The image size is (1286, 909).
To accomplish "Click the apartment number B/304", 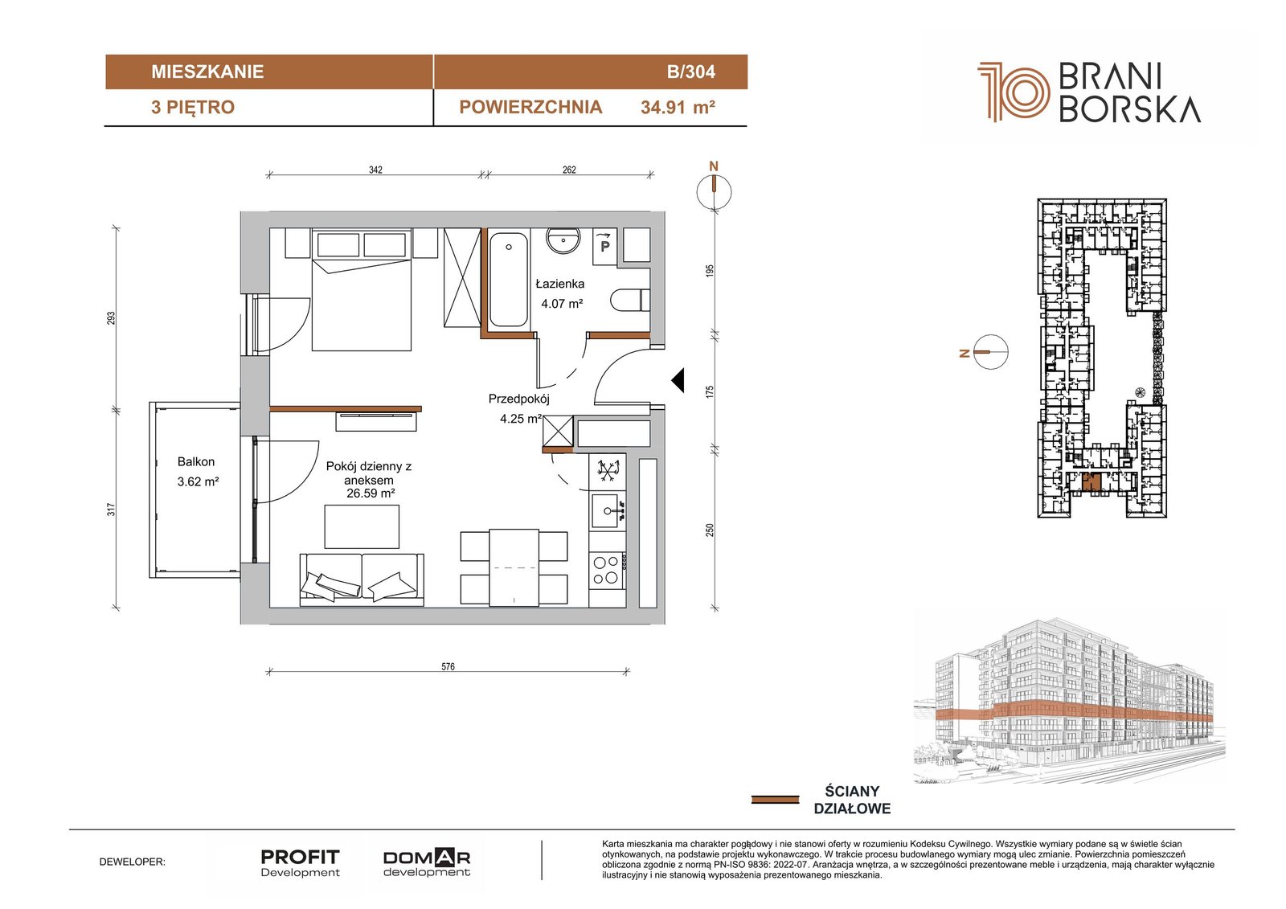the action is (x=690, y=72).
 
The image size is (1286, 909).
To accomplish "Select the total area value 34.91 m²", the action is (x=678, y=108).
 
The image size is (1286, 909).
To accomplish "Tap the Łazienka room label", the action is (x=559, y=284).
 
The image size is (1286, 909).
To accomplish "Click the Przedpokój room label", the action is (x=519, y=399).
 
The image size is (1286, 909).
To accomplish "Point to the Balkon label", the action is (x=196, y=461).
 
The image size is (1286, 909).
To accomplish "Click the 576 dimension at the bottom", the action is (x=448, y=666).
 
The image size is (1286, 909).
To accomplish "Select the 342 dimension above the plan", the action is (x=375, y=170).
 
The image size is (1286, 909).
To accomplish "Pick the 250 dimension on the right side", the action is (x=711, y=530).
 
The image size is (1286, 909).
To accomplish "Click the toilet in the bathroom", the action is (x=630, y=300).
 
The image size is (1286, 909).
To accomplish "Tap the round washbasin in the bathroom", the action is (x=563, y=240).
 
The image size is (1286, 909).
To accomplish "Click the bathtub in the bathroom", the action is (x=508, y=280).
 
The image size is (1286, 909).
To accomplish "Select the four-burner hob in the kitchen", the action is (x=607, y=570).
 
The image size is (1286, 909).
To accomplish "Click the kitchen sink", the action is (x=608, y=510).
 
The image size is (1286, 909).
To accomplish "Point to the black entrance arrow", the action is (x=678, y=379).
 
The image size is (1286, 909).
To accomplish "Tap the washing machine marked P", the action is (x=604, y=247).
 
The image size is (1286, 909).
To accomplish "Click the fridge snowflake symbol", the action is (x=608, y=469).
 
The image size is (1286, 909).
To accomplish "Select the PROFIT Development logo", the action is (x=301, y=863).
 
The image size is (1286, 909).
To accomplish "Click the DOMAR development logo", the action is (x=427, y=863).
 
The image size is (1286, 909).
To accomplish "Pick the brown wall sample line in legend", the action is (x=775, y=800).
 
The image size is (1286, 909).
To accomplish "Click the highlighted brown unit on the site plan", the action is (x=1091, y=483).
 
